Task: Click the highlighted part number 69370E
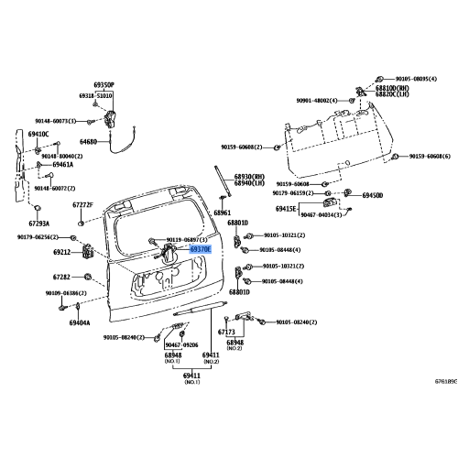point(201,248)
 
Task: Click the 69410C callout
point(38,134)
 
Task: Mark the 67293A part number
point(38,223)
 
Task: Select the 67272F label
point(83,205)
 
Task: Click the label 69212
point(62,251)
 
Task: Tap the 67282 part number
point(62,277)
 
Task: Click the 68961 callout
point(223,213)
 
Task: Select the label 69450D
point(372,195)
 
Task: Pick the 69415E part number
point(286,209)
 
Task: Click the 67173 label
point(226,333)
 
